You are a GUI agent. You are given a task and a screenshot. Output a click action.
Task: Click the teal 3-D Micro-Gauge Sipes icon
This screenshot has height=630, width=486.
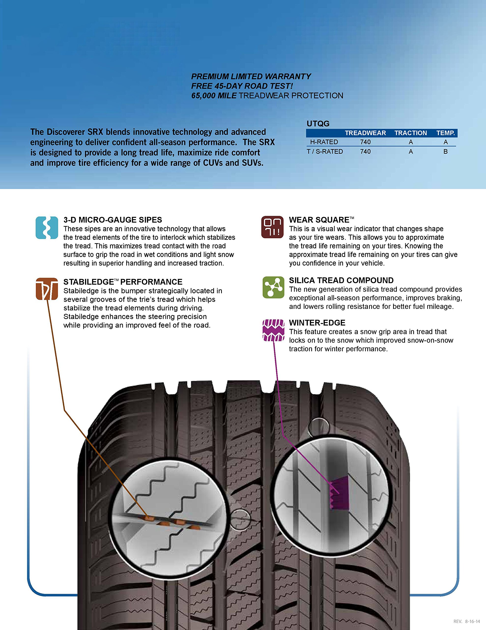tap(47, 228)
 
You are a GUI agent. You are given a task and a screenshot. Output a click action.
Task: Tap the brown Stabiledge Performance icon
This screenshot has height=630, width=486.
tap(47, 289)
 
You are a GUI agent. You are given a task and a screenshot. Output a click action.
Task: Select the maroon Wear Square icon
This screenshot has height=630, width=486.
tap(272, 227)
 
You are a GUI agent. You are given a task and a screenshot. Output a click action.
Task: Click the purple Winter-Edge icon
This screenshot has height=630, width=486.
tap(273, 330)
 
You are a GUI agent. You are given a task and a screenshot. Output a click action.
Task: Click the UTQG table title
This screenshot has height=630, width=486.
tap(318, 124)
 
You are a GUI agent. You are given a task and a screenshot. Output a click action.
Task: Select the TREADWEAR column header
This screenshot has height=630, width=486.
tap(365, 133)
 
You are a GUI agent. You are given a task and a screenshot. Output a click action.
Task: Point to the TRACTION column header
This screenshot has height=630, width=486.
tap(410, 133)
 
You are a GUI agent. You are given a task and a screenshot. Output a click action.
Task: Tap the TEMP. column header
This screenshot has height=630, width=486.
tap(445, 133)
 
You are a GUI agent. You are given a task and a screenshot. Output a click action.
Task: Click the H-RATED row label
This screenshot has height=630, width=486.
tap(324, 142)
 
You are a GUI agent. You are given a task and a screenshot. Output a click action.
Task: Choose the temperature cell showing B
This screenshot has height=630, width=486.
tap(445, 151)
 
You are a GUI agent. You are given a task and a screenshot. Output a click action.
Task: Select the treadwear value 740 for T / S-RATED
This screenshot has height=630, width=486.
tap(365, 151)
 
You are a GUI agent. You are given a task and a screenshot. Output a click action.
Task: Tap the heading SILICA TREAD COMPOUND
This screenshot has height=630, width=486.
tap(341, 280)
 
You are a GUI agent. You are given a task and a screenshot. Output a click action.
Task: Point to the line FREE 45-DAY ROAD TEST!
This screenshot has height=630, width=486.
tap(242, 86)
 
